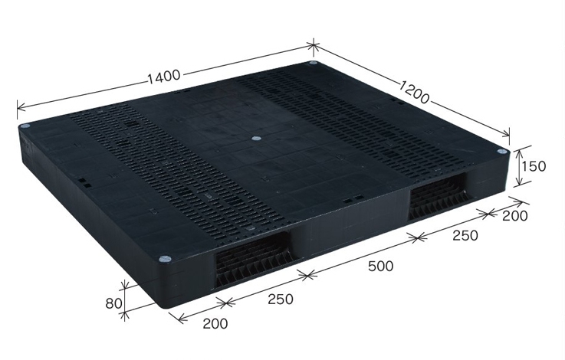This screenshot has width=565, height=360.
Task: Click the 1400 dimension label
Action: pyautogui.click(x=164, y=76)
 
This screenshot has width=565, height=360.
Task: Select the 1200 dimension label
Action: pyautogui.click(x=415, y=93)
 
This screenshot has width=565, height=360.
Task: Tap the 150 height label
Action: pyautogui.click(x=534, y=166)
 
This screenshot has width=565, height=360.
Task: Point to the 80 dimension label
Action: pyautogui.click(x=113, y=304)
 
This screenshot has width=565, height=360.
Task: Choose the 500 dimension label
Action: pyautogui.click(x=380, y=267)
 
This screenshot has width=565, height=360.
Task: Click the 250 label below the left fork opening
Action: pyautogui.click(x=281, y=299)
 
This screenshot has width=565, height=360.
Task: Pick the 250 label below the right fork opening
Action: pyautogui.click(x=465, y=235)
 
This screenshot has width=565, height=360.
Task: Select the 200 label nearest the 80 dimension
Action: pyautogui.click(x=215, y=324)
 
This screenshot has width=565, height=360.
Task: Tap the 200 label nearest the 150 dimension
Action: pyautogui.click(x=515, y=216)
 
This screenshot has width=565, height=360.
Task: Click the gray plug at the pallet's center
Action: pyautogui.click(x=256, y=138)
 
